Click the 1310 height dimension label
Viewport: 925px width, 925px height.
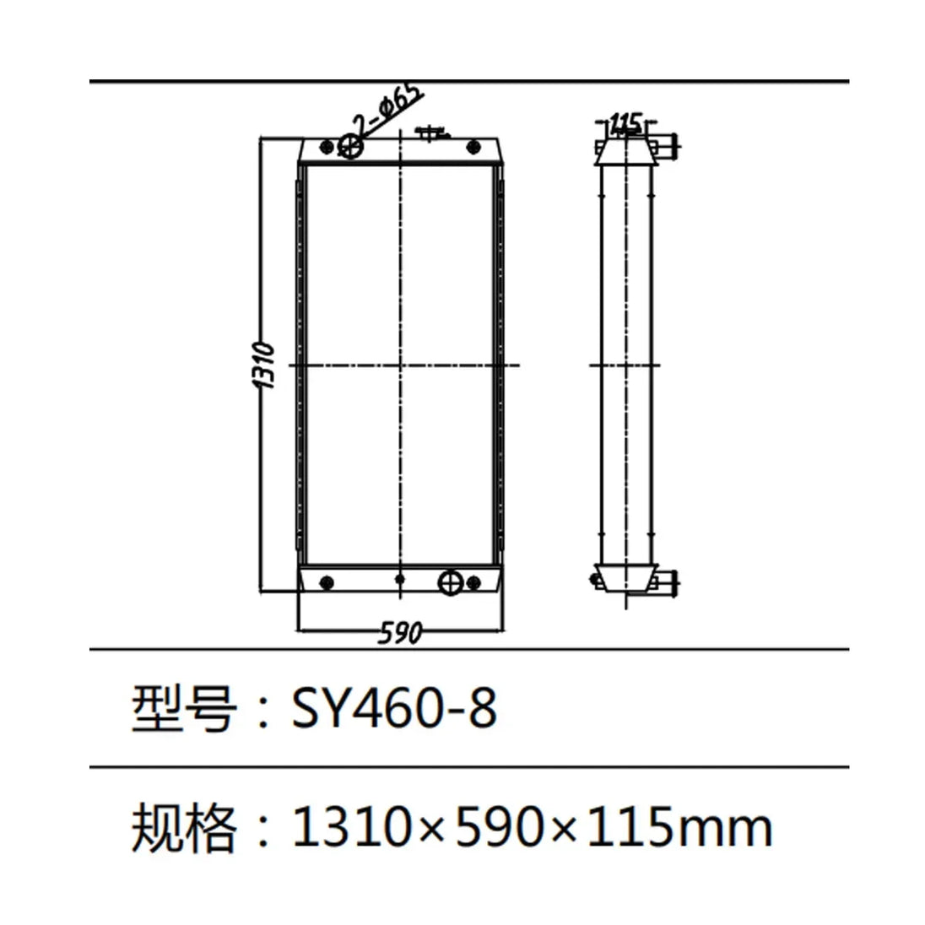[x=264, y=365]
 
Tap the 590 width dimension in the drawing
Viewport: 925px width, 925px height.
[x=399, y=633]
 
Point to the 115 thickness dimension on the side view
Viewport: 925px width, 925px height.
[x=625, y=123]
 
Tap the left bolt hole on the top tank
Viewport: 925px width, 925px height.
[x=326, y=148]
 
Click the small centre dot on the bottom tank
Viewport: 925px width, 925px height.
[x=400, y=580]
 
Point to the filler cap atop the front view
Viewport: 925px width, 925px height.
[x=430, y=133]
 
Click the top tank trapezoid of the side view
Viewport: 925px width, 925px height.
[x=625, y=153]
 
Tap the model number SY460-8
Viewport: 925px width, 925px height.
[x=394, y=708]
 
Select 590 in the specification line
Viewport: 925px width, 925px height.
[x=499, y=827]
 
